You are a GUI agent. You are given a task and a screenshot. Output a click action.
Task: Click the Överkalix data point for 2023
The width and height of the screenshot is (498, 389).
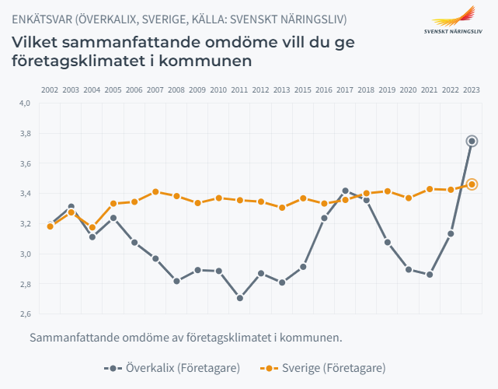click(x=472, y=141)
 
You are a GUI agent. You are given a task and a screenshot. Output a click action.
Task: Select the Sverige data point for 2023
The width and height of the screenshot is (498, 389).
click(x=472, y=184)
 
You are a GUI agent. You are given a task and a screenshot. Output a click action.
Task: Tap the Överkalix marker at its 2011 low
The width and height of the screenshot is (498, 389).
click(x=240, y=298)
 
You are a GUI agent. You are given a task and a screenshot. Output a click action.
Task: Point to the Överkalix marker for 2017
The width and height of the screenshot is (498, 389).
click(x=345, y=191)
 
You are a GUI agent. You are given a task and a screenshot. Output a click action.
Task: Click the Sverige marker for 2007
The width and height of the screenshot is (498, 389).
click(x=155, y=191)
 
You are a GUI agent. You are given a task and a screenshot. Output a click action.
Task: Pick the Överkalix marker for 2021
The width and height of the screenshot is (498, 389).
click(x=430, y=275)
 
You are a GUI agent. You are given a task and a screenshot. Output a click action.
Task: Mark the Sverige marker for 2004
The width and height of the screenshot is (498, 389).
click(x=92, y=228)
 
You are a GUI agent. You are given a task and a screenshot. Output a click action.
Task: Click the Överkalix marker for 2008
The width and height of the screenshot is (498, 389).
click(x=176, y=281)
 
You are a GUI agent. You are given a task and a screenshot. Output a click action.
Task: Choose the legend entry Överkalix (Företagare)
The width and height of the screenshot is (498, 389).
click(x=172, y=367)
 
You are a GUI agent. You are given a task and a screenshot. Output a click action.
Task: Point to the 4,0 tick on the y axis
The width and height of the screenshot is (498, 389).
click(x=24, y=103)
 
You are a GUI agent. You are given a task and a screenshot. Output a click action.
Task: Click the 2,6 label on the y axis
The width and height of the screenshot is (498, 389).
click(x=24, y=314)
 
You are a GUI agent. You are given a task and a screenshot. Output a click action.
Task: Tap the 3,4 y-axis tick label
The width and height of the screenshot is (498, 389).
click(x=24, y=194)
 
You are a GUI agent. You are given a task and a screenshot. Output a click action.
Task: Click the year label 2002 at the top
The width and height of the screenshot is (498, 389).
click(x=50, y=90)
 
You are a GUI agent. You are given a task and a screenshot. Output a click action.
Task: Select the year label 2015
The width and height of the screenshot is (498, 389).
click(x=303, y=90)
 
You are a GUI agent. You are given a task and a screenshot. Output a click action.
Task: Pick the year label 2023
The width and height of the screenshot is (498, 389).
click(x=472, y=90)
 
